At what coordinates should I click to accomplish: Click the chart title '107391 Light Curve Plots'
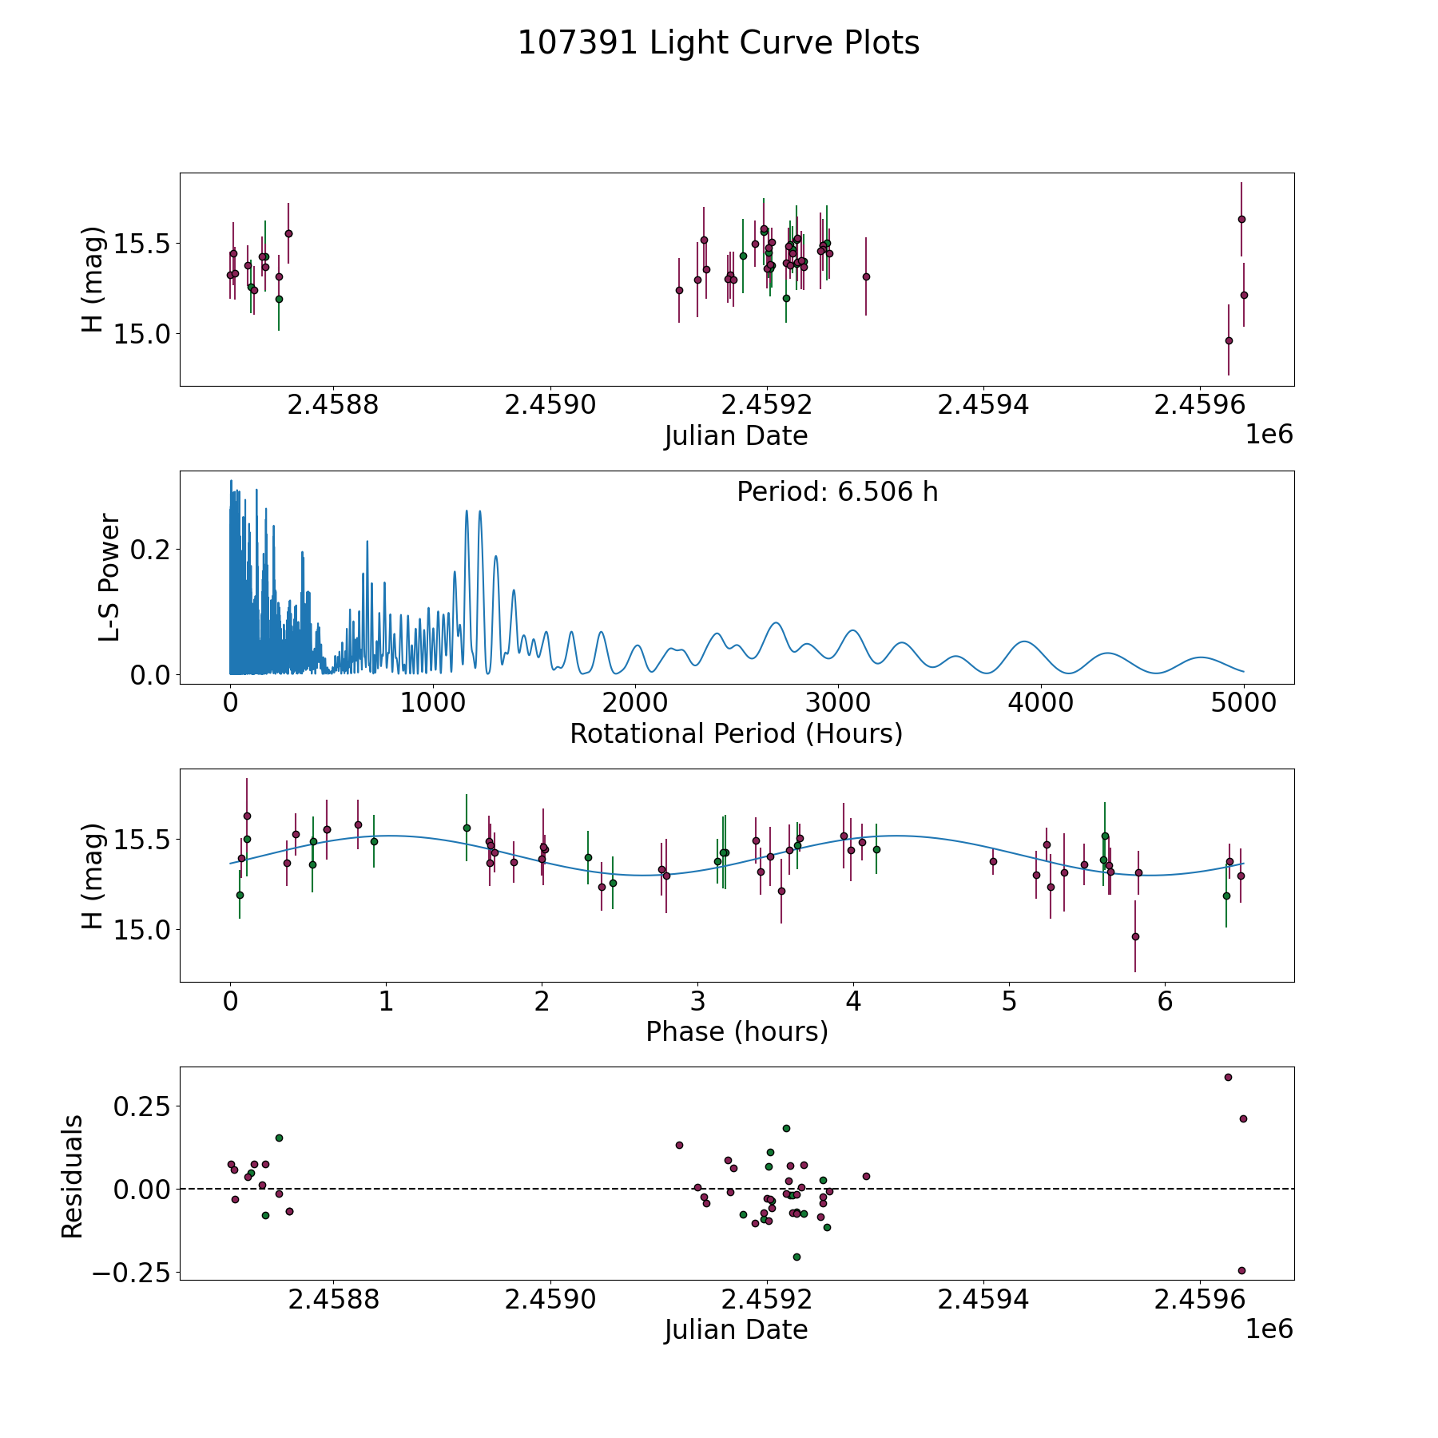pos(718,43)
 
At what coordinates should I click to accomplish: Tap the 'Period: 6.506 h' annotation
pos(837,492)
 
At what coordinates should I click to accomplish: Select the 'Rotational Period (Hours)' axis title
pos(736,733)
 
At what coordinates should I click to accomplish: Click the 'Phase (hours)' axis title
pos(737,1031)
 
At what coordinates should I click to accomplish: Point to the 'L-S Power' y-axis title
pos(110,578)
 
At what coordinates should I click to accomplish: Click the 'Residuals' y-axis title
pos(73,1177)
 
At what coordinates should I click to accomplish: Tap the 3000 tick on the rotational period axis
pos(837,704)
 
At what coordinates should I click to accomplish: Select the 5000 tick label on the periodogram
pos(1243,704)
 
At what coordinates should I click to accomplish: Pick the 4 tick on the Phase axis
pos(853,1002)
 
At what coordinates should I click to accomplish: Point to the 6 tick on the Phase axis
pos(1165,1002)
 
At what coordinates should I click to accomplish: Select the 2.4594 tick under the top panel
pos(983,406)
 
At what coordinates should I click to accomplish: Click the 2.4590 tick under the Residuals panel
pos(550,1300)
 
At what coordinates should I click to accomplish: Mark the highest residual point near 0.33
pos(1228,1077)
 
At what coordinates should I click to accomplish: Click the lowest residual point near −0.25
pos(1241,1270)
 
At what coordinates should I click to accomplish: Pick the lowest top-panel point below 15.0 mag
pos(1229,340)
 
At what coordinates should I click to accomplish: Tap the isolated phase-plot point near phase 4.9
pos(993,861)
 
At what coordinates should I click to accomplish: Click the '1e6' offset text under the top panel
pos(1269,435)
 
